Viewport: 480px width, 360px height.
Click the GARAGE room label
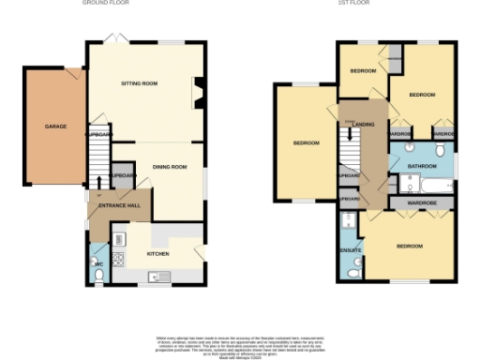pyautogui.click(x=55, y=126)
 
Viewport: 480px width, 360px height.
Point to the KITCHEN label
pyautogui.click(x=157, y=253)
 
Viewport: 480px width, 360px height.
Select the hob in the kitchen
pyautogui.click(x=119, y=260)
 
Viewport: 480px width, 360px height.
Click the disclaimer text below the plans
pyautogui.click(x=240, y=344)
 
